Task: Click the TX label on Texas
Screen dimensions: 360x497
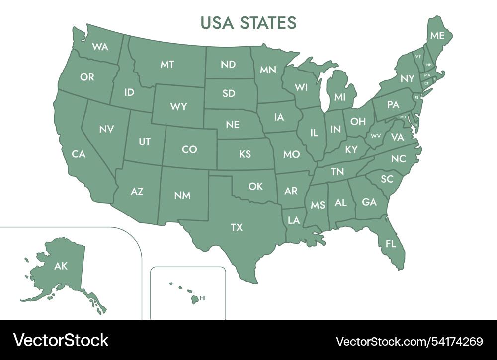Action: coord(237,227)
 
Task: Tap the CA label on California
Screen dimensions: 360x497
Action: coord(79,154)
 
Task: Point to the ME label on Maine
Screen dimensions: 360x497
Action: coord(437,35)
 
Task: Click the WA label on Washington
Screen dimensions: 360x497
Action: coord(100,47)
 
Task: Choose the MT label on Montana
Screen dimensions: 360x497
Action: coord(167,64)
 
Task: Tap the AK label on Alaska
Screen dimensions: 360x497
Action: coord(61,266)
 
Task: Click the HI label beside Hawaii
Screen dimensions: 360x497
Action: coord(202,298)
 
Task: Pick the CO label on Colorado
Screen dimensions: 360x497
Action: coord(189,149)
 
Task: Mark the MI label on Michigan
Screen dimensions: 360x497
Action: coord(340,97)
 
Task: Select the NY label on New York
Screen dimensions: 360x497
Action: coord(407,78)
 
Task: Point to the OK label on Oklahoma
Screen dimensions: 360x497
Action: coord(255,186)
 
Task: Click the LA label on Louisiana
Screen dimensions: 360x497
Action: coord(294,219)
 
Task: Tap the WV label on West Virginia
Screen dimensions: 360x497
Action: coord(376,136)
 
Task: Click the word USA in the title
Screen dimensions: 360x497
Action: coord(217,22)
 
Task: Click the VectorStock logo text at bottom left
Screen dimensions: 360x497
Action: coord(61,341)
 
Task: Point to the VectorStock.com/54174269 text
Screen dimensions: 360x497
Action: coord(410,341)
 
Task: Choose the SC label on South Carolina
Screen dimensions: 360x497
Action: coord(387,179)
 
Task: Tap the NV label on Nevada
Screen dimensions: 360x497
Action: coord(106,129)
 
